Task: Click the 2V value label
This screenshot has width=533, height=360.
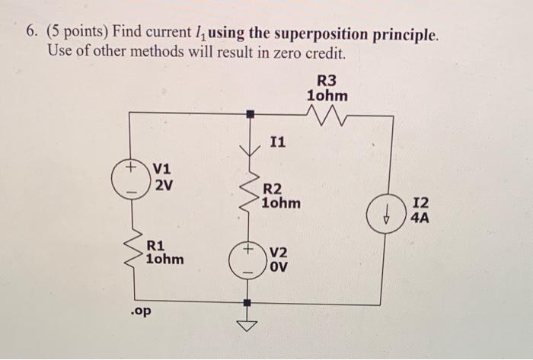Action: pos(163,183)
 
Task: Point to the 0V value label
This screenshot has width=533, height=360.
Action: pos(276,267)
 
